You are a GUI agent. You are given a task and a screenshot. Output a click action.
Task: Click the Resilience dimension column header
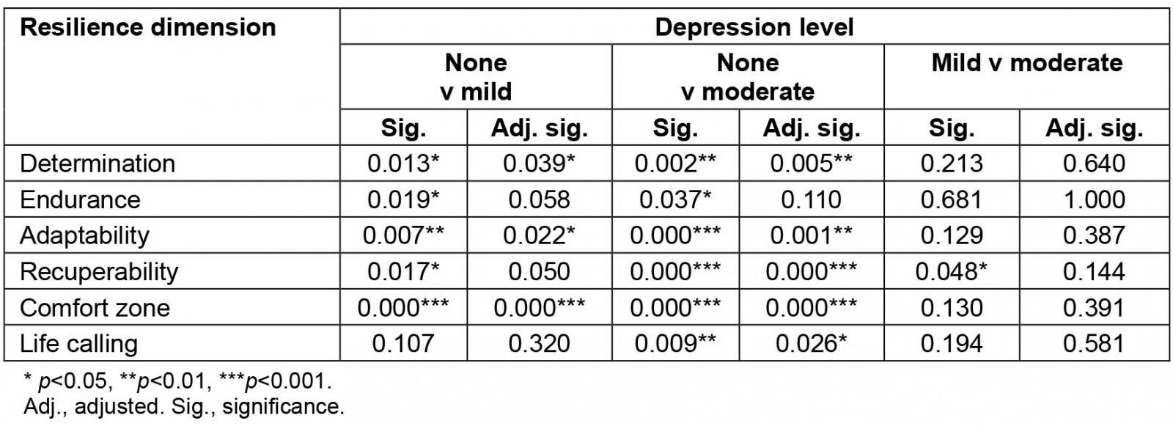(147, 28)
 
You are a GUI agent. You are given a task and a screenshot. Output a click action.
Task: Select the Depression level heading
(754, 28)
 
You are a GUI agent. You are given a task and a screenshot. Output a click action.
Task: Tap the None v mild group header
(476, 76)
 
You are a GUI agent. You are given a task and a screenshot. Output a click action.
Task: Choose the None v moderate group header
(748, 76)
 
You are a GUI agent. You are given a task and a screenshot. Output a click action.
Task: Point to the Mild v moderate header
(1026, 63)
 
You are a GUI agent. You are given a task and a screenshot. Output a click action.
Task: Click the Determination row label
(98, 163)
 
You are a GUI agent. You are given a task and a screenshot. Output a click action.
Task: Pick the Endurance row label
(80, 199)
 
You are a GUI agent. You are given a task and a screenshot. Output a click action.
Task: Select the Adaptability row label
(84, 235)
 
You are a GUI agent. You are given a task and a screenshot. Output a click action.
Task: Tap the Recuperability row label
(99, 271)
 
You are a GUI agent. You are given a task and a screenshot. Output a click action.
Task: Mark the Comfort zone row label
(95, 307)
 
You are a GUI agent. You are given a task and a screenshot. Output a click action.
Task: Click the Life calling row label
(78, 343)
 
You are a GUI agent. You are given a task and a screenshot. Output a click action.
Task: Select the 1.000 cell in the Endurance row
(1094, 199)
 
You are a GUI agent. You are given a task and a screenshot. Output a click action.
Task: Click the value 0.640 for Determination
(1094, 163)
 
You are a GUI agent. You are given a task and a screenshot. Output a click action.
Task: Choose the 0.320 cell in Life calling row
(539, 343)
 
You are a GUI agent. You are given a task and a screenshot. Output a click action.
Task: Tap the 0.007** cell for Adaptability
(403, 235)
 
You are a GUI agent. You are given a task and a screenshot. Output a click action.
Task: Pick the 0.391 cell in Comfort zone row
(1094, 307)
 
